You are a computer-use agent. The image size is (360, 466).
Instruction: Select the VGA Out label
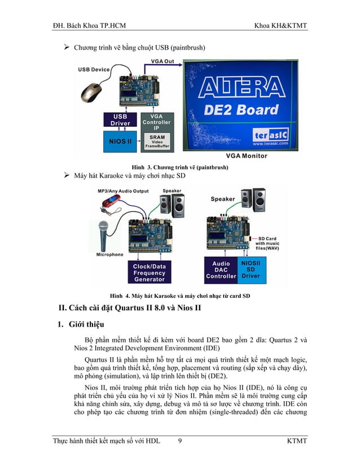(x=163, y=60)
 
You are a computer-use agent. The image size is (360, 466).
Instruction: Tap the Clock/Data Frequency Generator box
(x=149, y=272)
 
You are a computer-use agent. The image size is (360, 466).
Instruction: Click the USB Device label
(x=93, y=70)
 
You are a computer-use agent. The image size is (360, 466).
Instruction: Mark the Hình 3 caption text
(x=179, y=168)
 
